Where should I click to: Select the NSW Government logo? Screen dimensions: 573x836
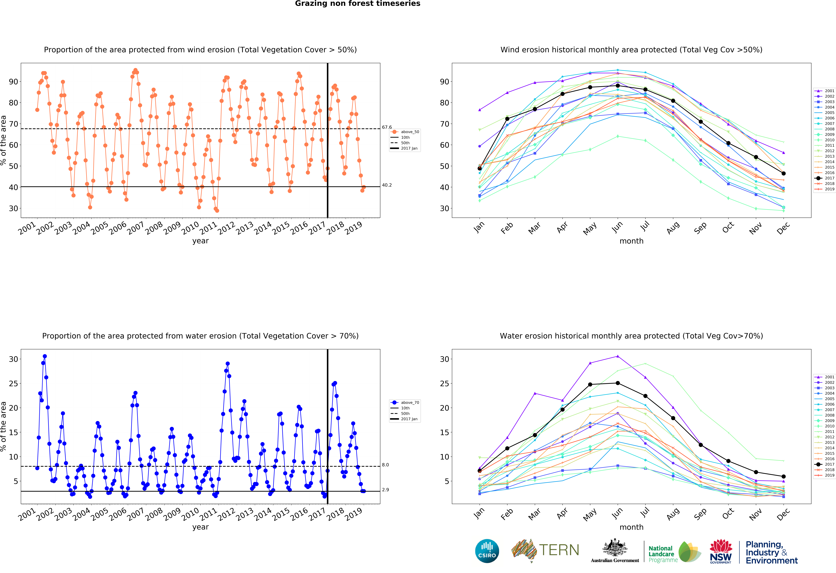click(721, 551)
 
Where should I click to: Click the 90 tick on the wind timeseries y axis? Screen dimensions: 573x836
click(13, 82)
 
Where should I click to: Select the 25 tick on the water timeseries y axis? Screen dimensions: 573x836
click(13, 383)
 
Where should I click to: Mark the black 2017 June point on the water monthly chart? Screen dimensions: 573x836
click(618, 383)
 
